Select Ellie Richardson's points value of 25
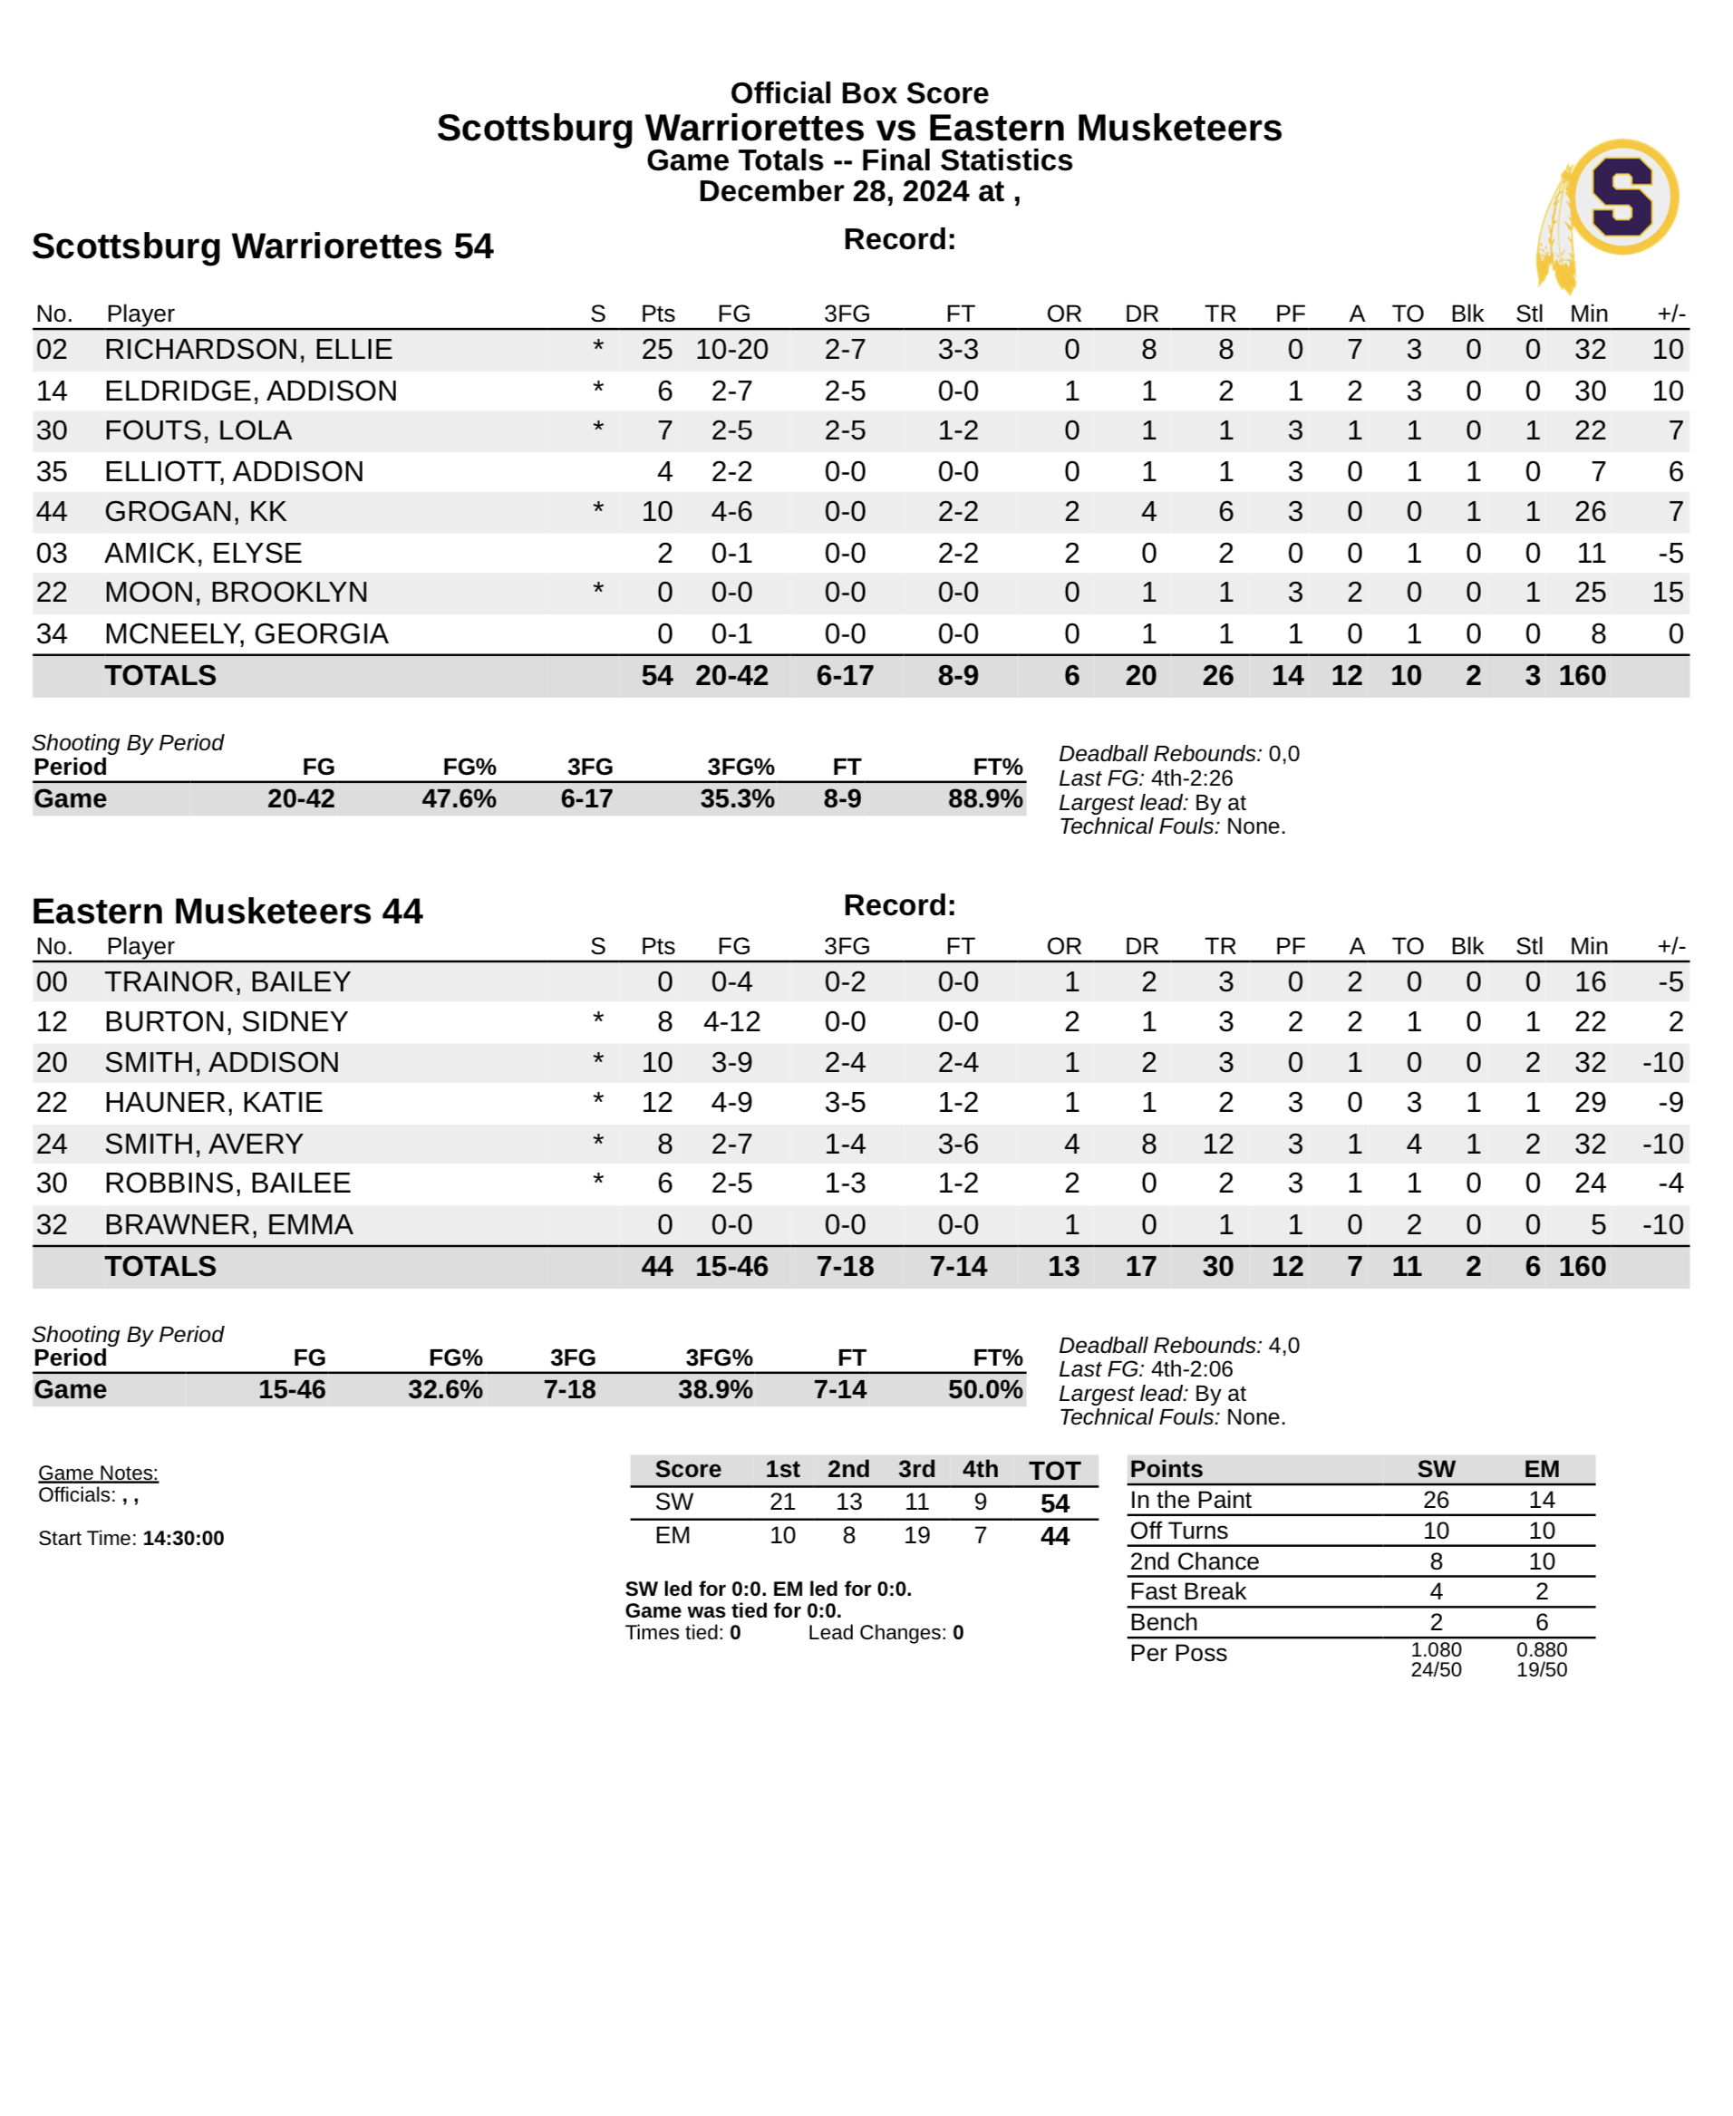pos(656,349)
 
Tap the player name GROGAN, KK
pos(196,511)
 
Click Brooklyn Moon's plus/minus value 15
pos(1667,592)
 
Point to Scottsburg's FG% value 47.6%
pos(459,798)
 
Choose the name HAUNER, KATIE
pos(214,1102)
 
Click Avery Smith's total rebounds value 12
pos(1217,1144)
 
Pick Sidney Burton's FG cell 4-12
pos(731,1021)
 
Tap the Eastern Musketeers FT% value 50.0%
pos(984,1389)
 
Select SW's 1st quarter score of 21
pos(781,1502)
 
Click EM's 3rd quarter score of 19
pos(916,1535)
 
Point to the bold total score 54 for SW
pos(1054,1503)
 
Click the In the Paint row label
pos(1190,1500)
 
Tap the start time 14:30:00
pos(183,1538)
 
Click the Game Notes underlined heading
pos(98,1473)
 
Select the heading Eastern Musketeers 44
pos(228,912)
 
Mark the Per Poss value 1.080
pos(1436,1650)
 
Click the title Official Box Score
pos(858,92)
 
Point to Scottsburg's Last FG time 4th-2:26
pos(1191,778)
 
